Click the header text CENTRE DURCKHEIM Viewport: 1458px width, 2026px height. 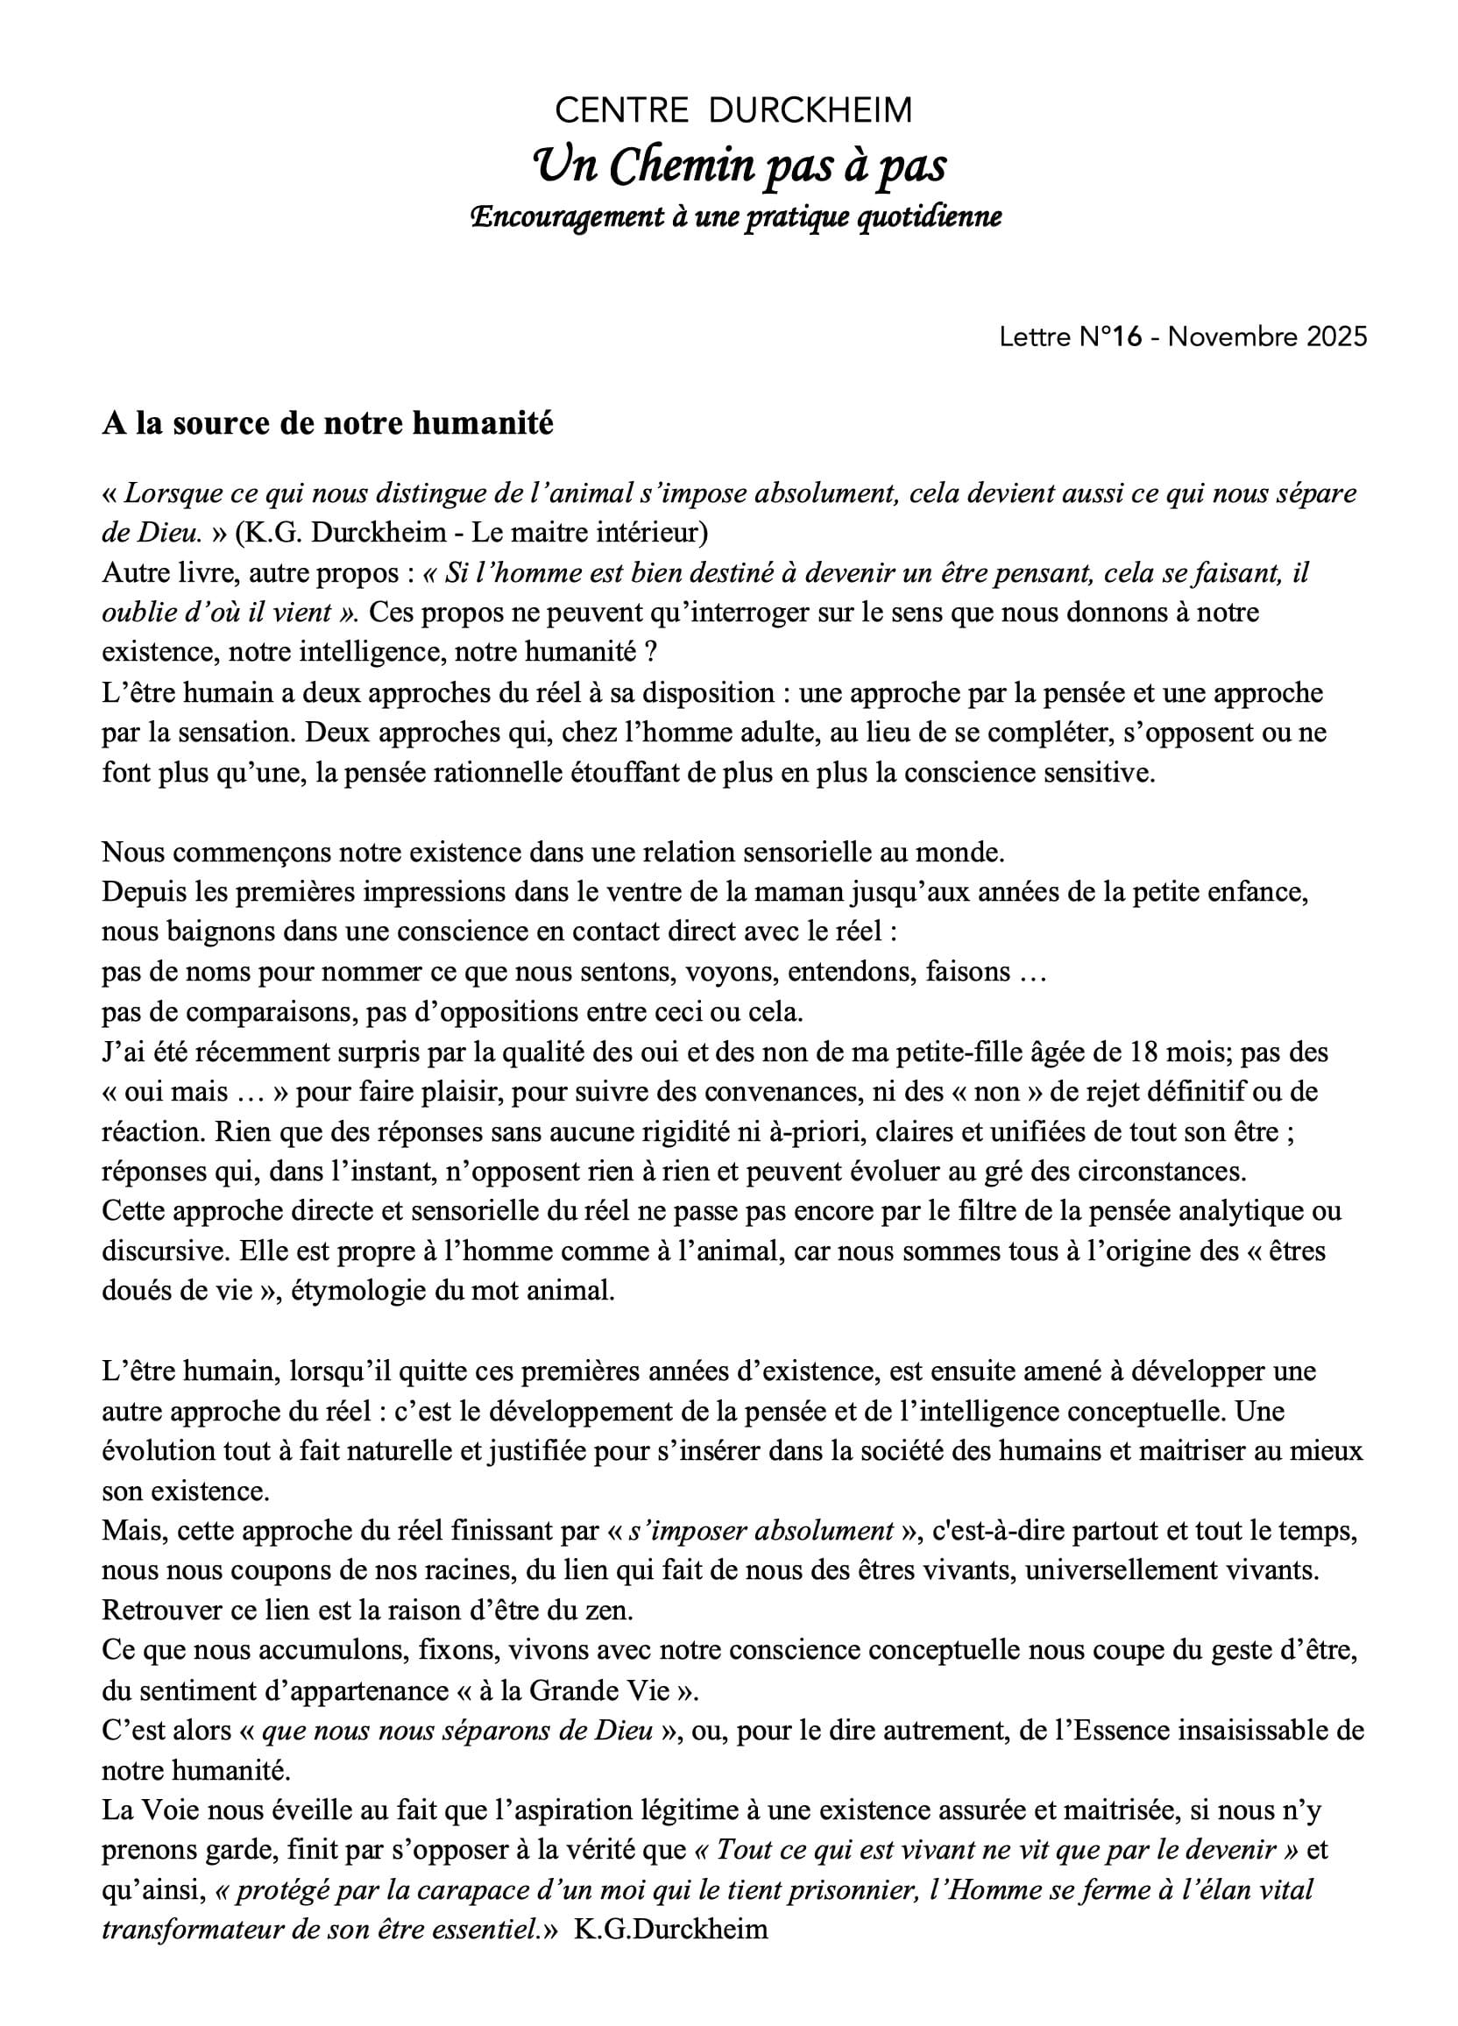(733, 110)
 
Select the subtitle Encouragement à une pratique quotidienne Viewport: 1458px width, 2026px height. (736, 217)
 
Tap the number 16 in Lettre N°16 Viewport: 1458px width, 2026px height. (1128, 336)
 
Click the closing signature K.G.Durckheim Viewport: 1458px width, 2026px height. (671, 1930)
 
